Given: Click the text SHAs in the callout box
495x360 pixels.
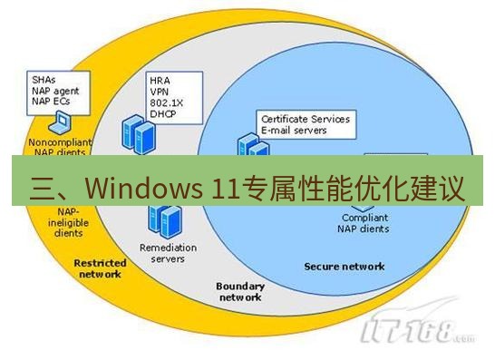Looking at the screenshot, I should pos(44,79).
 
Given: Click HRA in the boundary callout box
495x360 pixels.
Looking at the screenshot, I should pos(160,81).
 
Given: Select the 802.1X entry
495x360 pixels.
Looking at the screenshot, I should pos(165,103).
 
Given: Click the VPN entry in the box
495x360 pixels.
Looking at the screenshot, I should pos(160,92).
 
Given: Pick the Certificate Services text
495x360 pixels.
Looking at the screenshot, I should pos(305,119).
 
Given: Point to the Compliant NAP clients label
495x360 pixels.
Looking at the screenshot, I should pos(365,223).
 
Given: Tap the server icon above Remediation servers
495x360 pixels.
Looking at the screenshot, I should pos(164,219).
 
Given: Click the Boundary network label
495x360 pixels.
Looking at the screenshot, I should pos(239,291).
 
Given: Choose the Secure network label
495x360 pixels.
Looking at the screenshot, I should pos(344,267).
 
